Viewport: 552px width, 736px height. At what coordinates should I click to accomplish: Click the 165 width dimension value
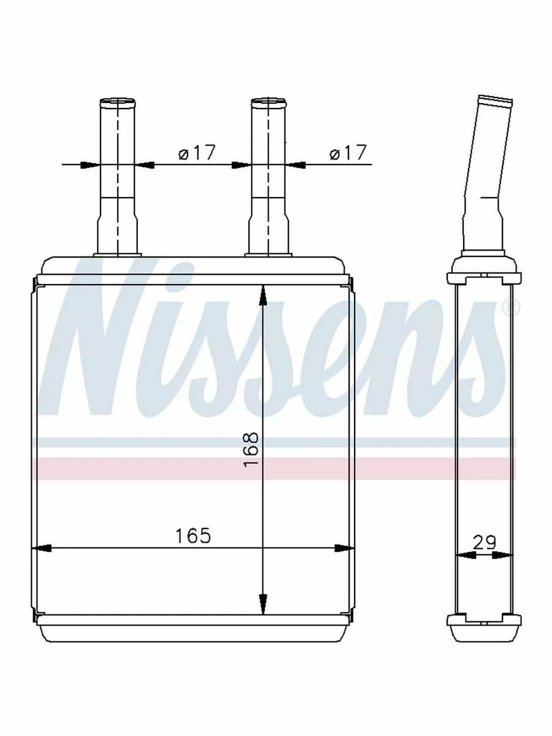click(x=193, y=535)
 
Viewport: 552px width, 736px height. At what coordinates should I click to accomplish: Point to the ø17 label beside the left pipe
click(x=196, y=153)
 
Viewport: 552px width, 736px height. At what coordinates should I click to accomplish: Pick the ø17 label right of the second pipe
click(x=348, y=153)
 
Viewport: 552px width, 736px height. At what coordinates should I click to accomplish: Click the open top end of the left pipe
click(x=117, y=102)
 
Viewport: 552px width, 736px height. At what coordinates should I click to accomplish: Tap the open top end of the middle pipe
click(x=269, y=102)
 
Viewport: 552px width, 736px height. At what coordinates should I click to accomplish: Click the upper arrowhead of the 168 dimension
click(x=263, y=295)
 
